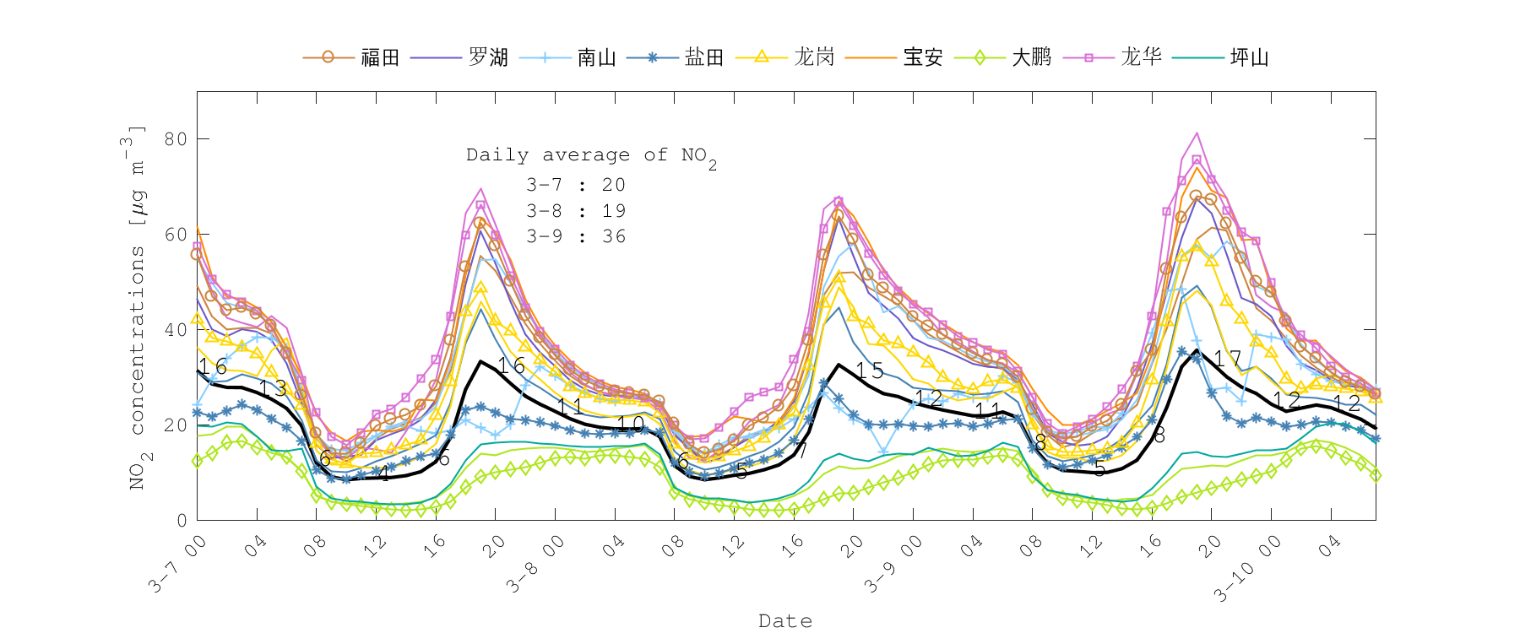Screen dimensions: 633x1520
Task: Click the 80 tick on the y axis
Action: coord(176,138)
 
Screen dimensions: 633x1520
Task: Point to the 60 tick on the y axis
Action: coord(176,234)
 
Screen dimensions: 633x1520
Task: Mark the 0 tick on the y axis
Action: coord(182,521)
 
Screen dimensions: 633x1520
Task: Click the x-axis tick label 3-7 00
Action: coord(179,563)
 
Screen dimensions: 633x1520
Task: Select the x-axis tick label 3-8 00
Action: coord(536,563)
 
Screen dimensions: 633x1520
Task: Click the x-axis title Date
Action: coord(785,621)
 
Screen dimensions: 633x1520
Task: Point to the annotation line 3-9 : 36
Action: coord(576,236)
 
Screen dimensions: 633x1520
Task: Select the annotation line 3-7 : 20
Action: coord(576,185)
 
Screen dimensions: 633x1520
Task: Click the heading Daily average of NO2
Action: coord(591,156)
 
